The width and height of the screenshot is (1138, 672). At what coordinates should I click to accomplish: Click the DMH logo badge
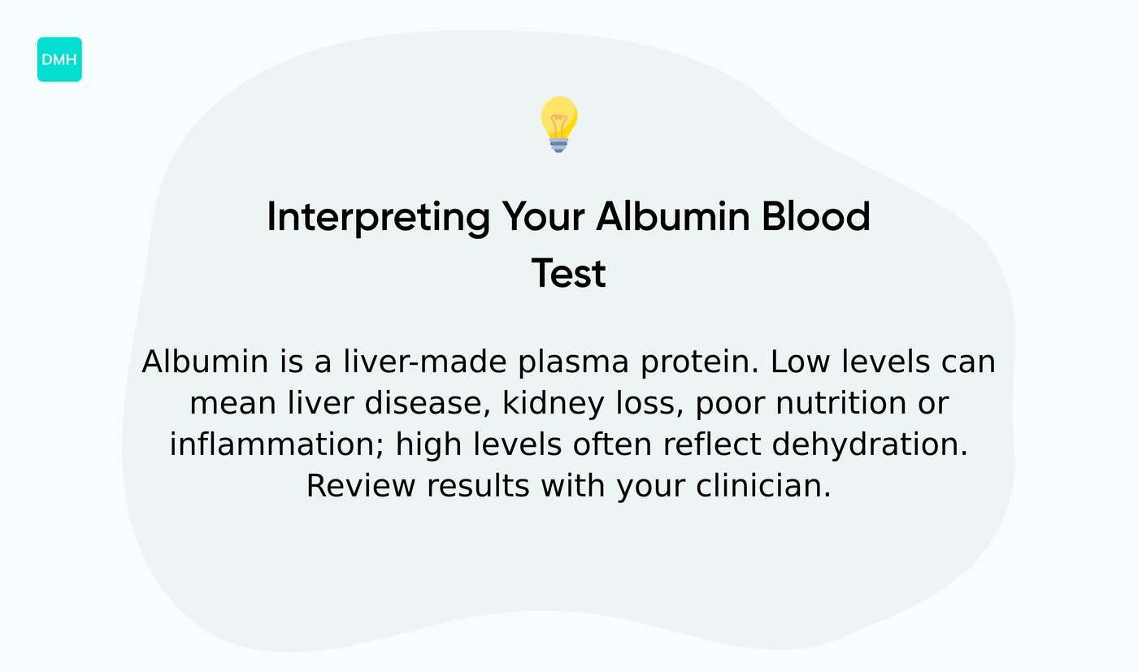pos(59,59)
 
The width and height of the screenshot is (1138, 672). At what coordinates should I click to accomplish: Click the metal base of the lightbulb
pos(558,145)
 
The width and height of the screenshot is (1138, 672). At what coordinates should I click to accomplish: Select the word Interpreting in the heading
pos(378,218)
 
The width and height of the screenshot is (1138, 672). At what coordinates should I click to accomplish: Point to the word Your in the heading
pos(543,218)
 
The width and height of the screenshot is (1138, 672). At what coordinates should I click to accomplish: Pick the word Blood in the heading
pos(816,218)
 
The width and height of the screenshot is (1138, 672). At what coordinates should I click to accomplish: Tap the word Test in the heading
pos(568,274)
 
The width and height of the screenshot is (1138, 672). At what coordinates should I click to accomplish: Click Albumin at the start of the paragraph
pos(205,362)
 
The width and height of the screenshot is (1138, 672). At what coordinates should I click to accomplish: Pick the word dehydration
pos(870,445)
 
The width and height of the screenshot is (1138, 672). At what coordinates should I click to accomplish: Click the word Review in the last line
pos(360,487)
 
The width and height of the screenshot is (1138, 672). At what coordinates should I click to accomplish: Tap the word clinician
pos(763,487)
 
